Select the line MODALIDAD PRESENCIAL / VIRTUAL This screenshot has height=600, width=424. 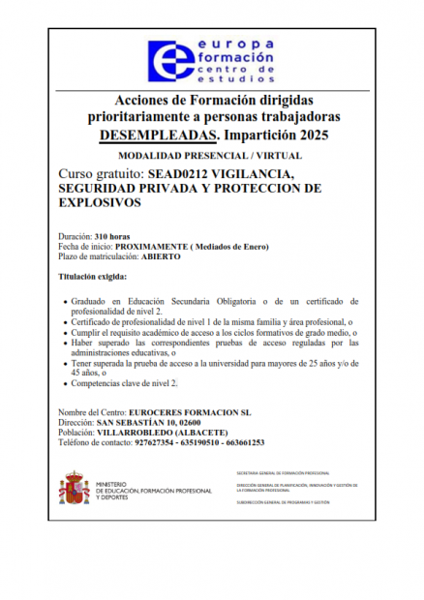pos(210,155)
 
